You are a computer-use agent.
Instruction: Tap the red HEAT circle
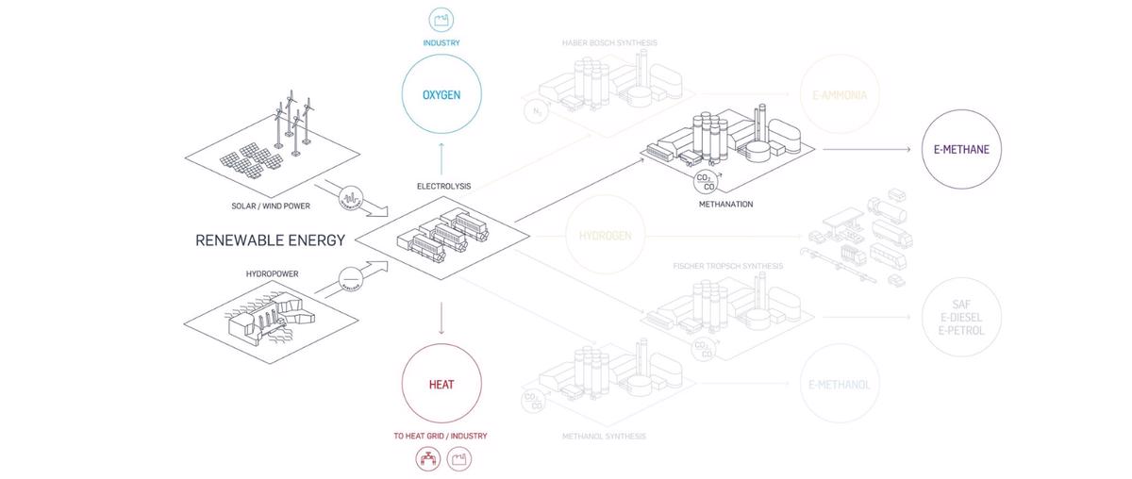coord(441,384)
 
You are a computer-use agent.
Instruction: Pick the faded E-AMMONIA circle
coord(839,95)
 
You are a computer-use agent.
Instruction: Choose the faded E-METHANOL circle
coord(839,384)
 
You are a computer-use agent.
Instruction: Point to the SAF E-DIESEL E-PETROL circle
coord(960,318)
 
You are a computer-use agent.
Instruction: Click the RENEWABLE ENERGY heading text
coord(270,239)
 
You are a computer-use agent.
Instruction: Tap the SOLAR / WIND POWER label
coord(271,206)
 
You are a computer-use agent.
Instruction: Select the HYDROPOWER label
coord(271,273)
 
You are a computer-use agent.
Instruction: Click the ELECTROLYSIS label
coord(443,187)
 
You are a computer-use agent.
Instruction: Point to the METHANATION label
coord(725,204)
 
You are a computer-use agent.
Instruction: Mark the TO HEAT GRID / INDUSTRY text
coord(441,436)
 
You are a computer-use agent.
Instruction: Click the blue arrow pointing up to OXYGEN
coord(441,155)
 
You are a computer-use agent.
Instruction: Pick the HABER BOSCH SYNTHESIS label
coord(609,42)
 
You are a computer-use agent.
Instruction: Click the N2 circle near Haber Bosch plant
coord(534,111)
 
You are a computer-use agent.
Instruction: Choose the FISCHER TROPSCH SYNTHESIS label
coord(727,266)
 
